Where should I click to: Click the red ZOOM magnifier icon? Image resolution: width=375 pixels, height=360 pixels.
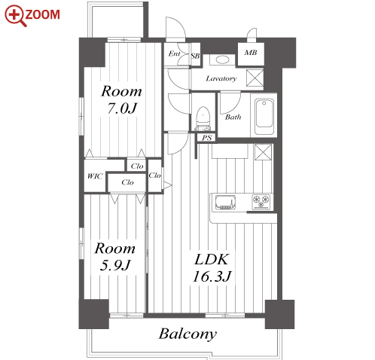[x=15, y=16]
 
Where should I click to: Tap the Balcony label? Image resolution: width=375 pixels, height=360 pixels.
[x=187, y=334]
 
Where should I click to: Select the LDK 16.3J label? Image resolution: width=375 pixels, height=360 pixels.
[x=212, y=268]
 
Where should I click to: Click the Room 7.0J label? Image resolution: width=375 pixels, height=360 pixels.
[x=122, y=99]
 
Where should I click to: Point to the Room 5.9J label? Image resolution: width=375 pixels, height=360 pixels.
[x=115, y=257]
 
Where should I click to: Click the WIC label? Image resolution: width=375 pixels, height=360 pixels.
[x=95, y=176]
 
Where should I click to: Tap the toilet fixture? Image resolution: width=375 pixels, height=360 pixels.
[x=203, y=118]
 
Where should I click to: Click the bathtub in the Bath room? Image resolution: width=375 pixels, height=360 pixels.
[x=264, y=117]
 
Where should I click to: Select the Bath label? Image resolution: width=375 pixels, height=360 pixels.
[x=233, y=117]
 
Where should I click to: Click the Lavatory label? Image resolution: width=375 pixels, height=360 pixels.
[x=221, y=78]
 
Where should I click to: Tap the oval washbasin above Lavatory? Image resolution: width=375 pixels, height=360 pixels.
[x=222, y=59]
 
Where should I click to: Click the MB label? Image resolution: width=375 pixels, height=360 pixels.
[x=251, y=53]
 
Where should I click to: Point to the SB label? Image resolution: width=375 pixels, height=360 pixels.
[x=195, y=56]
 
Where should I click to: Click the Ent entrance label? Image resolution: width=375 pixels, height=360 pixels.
[x=174, y=53]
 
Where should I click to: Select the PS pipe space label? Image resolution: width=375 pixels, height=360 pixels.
[x=207, y=138]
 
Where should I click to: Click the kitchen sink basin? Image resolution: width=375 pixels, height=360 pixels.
[x=225, y=203]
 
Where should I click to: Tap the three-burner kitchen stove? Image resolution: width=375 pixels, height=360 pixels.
[x=261, y=202]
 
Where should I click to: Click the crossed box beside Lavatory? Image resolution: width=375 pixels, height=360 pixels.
[x=255, y=78]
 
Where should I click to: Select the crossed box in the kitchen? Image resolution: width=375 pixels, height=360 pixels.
[x=263, y=152]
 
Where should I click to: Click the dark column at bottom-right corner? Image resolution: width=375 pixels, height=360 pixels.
[x=279, y=314]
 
